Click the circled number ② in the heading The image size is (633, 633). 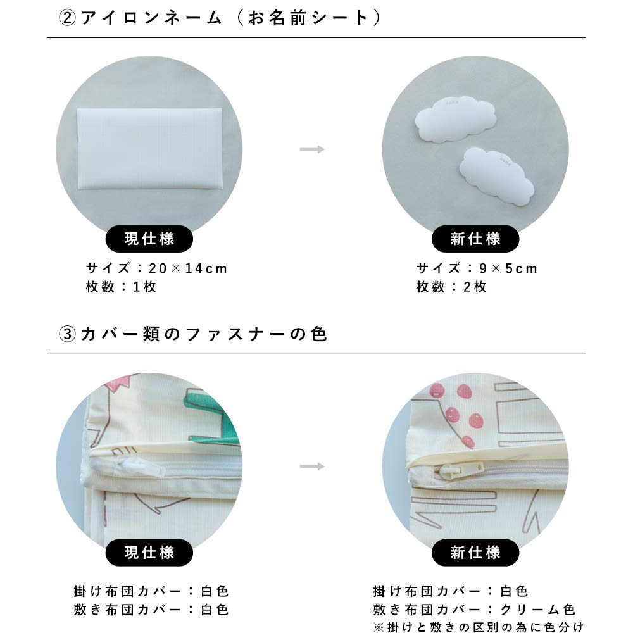click(66, 18)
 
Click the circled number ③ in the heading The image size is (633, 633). click(66, 334)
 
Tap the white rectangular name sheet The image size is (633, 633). click(149, 149)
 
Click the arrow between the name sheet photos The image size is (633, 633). click(312, 149)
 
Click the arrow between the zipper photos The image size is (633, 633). click(312, 467)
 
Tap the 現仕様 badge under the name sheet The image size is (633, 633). click(149, 239)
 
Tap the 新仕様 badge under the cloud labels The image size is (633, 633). click(475, 239)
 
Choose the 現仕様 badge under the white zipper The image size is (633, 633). click(149, 553)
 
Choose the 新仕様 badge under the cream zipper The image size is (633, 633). click(475, 553)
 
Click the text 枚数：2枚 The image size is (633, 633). click(451, 287)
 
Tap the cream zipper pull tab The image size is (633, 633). click(461, 470)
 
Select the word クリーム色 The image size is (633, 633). click(538, 610)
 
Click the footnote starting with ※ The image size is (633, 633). click(478, 627)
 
